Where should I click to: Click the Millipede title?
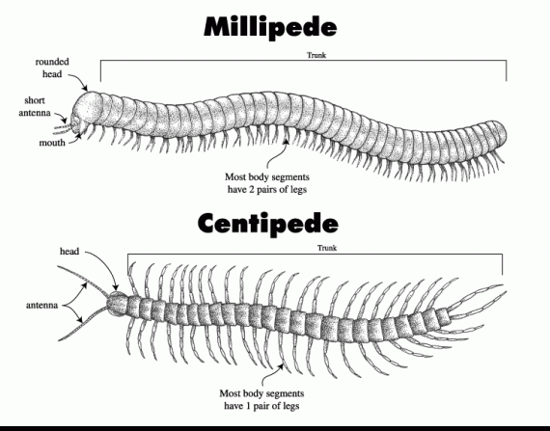click(270, 27)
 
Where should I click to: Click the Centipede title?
click(268, 223)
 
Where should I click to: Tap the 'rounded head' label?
click(52, 67)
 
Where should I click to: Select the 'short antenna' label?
click(35, 106)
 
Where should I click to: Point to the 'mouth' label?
click(52, 143)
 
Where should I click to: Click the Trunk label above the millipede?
click(316, 55)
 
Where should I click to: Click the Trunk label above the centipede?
click(327, 248)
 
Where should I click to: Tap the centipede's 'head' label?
click(69, 252)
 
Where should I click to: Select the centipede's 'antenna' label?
click(41, 306)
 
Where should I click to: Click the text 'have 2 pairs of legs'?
click(267, 190)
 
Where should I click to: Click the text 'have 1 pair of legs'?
click(261, 406)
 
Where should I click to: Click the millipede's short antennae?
click(63, 128)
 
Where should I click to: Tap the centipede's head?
click(117, 304)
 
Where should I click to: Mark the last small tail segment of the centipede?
click(443, 316)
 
